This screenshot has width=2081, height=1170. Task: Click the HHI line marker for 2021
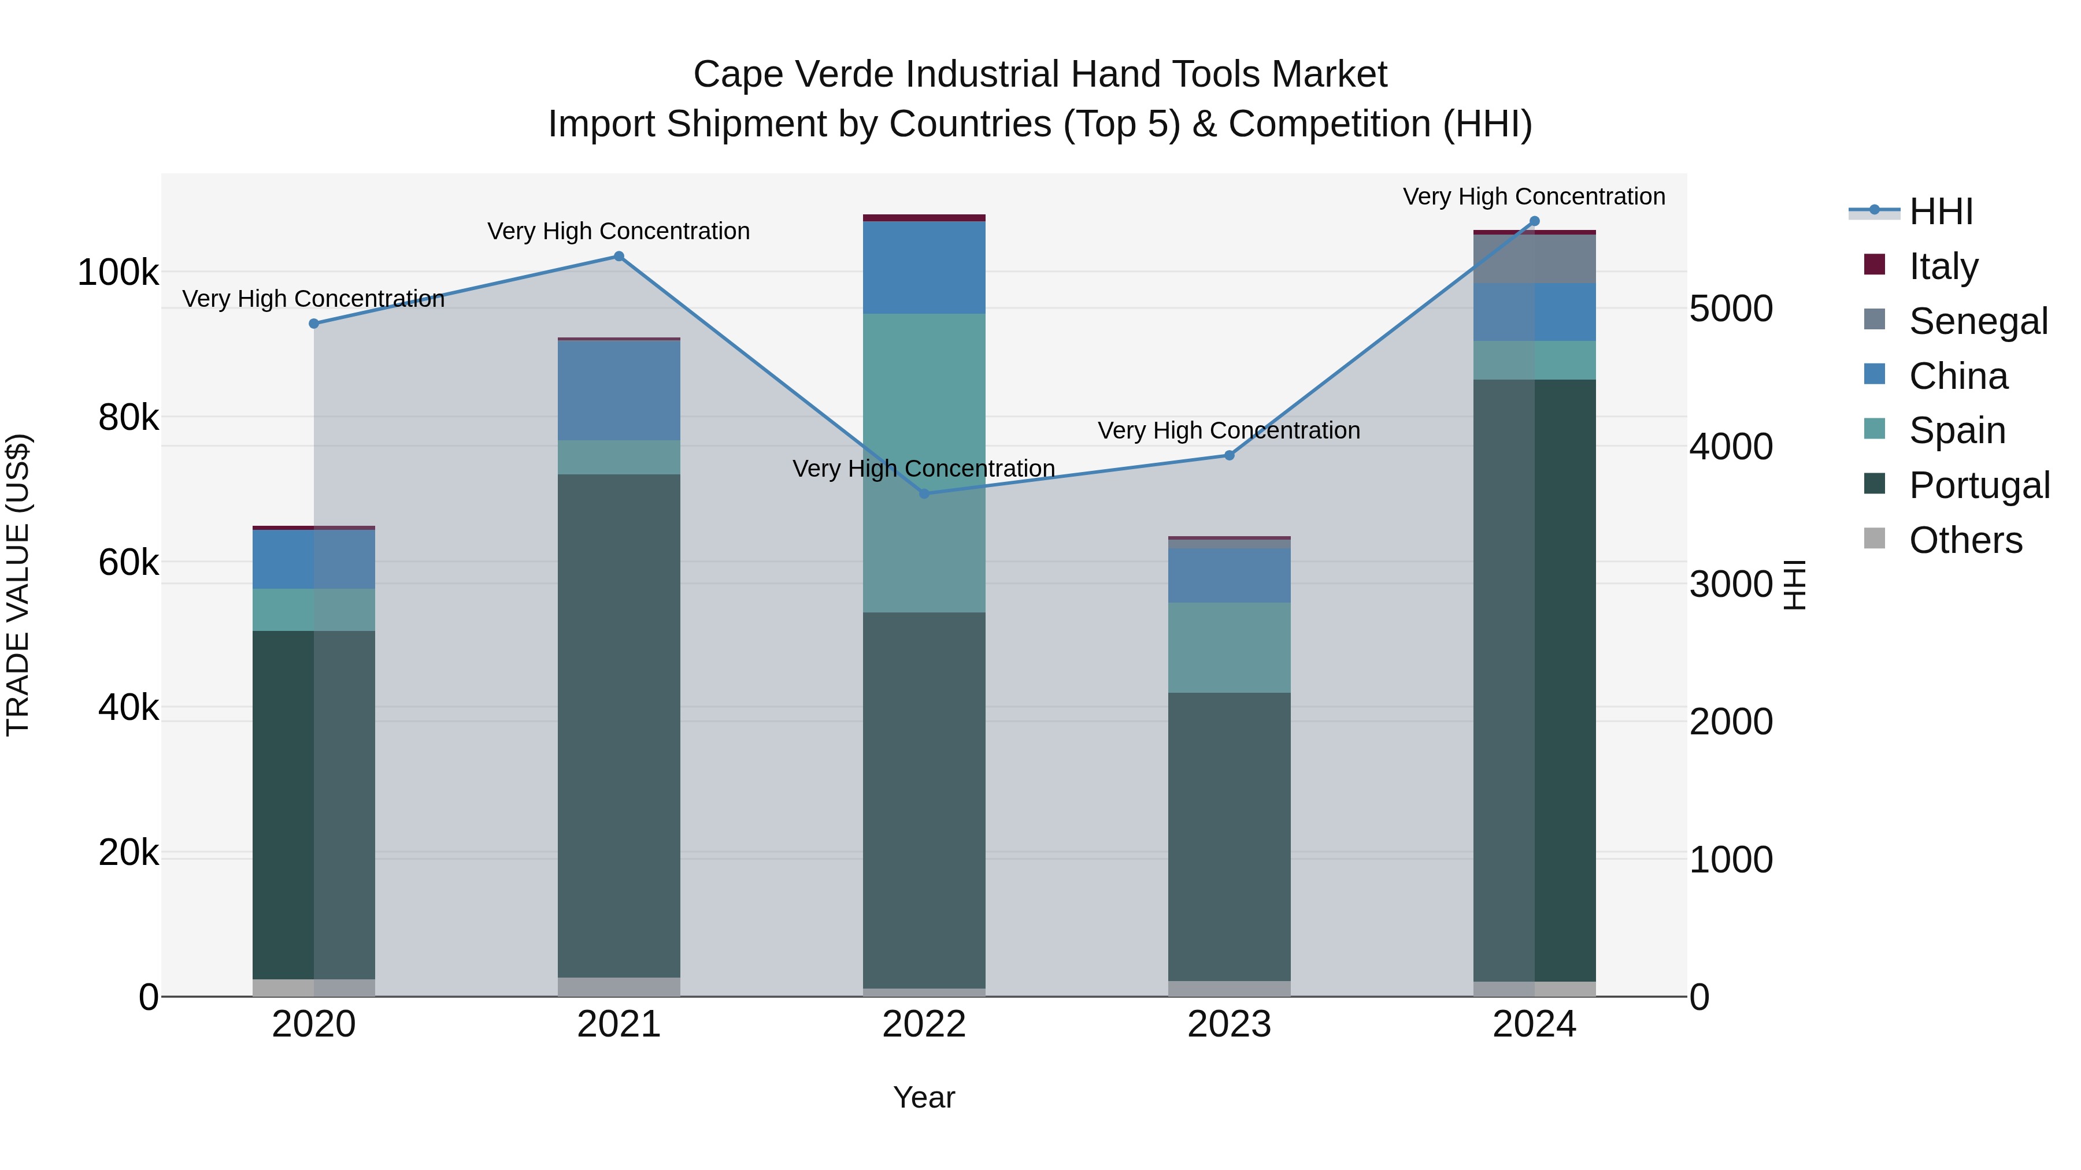[619, 256]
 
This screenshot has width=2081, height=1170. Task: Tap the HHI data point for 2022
[924, 493]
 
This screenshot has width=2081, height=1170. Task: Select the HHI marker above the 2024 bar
[1534, 221]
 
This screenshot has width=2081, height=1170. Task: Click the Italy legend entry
[1943, 266]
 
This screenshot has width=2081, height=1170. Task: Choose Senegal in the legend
[1978, 321]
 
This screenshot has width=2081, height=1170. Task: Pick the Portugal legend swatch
[1874, 485]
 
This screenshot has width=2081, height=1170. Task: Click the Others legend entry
[1965, 540]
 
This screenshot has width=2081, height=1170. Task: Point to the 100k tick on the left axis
[118, 273]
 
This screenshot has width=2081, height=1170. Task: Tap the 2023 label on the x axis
[1229, 1024]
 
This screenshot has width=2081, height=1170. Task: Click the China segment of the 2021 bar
[619, 390]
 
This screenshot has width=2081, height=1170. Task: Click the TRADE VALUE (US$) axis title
[18, 585]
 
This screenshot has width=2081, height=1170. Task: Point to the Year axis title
[924, 1097]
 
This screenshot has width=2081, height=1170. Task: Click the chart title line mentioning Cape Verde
[1040, 75]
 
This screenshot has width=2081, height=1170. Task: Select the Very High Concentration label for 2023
[1229, 430]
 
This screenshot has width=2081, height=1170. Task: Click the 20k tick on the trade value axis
[128, 853]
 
